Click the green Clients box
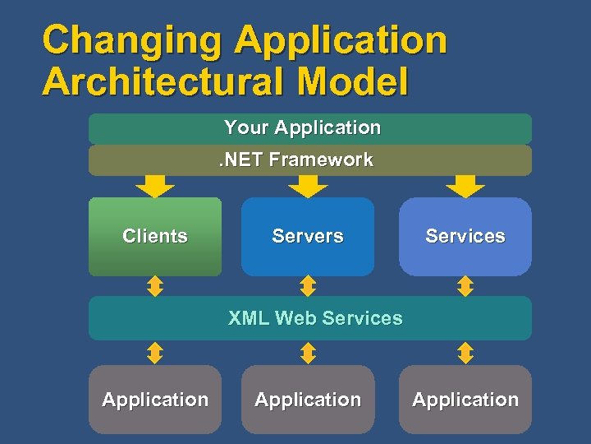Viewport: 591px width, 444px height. tap(155, 236)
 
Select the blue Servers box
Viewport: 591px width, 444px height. tap(308, 236)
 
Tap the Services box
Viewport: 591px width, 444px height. tap(465, 236)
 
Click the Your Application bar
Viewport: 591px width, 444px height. tap(309, 128)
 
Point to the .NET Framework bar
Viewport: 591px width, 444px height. tap(309, 160)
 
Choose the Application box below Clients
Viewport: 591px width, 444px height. tap(155, 400)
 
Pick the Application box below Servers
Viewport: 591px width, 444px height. tap(308, 400)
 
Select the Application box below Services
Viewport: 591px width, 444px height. tap(465, 400)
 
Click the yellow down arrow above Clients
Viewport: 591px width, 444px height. tap(155, 187)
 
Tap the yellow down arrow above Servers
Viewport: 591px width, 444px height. tap(309, 187)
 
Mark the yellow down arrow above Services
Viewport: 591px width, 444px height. tap(465, 187)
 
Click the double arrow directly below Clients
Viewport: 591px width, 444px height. tap(155, 286)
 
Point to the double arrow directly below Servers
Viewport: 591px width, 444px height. tap(308, 286)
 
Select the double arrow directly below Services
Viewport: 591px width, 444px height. tap(465, 286)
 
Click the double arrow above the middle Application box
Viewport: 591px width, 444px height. tap(308, 353)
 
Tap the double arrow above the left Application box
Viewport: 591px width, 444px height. tap(155, 353)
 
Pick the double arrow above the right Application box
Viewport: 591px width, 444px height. tap(465, 353)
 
